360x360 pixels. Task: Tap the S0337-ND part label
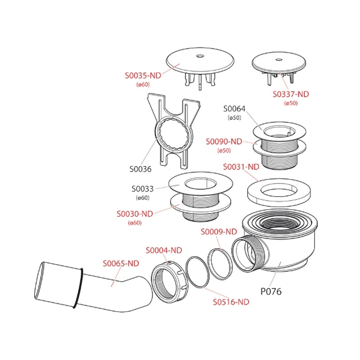pos(291,94)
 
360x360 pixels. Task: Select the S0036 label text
pos(140,169)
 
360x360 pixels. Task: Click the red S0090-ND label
pos(224,141)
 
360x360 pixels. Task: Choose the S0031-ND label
pos(241,166)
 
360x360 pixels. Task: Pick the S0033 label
pos(143,189)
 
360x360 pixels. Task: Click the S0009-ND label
pos(218,232)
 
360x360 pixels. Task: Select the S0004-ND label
pos(163,250)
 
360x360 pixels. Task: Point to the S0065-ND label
pos(121,263)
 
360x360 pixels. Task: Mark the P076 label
pos(271,291)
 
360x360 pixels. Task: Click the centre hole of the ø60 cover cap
pos(200,57)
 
